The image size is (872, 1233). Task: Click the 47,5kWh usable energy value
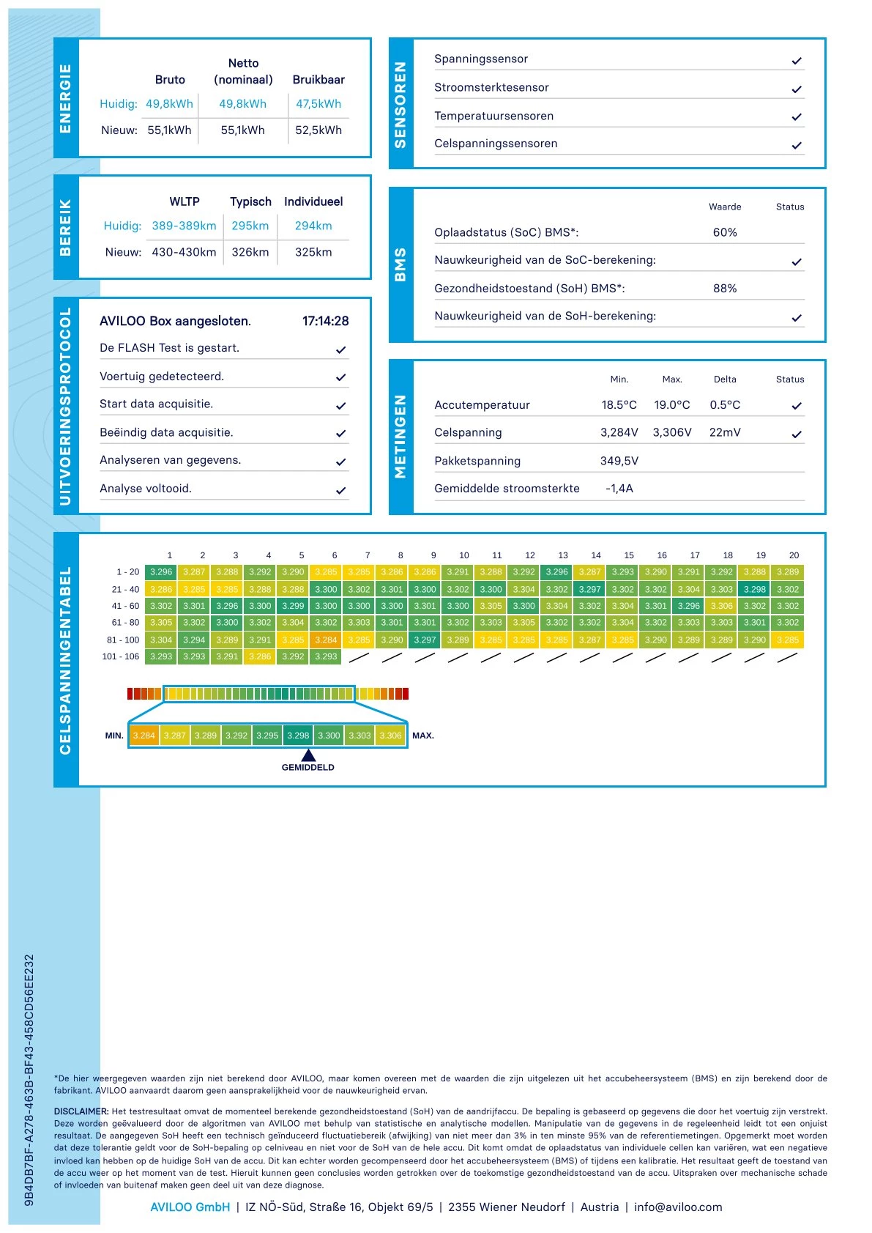click(x=318, y=104)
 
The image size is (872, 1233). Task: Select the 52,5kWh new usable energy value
click(x=318, y=130)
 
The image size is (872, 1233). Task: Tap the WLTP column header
click(x=185, y=201)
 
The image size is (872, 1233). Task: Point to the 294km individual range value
click(x=313, y=226)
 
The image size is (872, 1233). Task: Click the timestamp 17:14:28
click(x=325, y=321)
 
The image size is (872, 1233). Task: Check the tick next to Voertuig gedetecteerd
click(x=340, y=377)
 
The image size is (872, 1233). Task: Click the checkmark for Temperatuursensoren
click(x=797, y=116)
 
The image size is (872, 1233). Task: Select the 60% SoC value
click(x=725, y=232)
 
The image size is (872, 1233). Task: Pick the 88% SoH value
click(x=725, y=289)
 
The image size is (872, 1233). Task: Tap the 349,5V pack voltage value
click(x=619, y=461)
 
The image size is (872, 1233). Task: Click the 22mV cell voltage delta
click(x=725, y=432)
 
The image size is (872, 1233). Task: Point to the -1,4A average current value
click(x=619, y=489)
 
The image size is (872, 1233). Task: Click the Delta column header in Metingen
click(x=725, y=379)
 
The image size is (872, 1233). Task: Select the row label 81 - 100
click(x=123, y=640)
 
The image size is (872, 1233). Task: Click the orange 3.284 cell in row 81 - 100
click(x=326, y=640)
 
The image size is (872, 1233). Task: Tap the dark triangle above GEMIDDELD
click(x=308, y=755)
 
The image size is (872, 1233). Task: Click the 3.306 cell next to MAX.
click(x=390, y=736)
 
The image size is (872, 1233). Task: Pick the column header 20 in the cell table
click(x=794, y=555)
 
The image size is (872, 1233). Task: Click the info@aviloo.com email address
click(x=678, y=1207)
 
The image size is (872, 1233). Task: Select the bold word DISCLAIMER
click(x=81, y=1111)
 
